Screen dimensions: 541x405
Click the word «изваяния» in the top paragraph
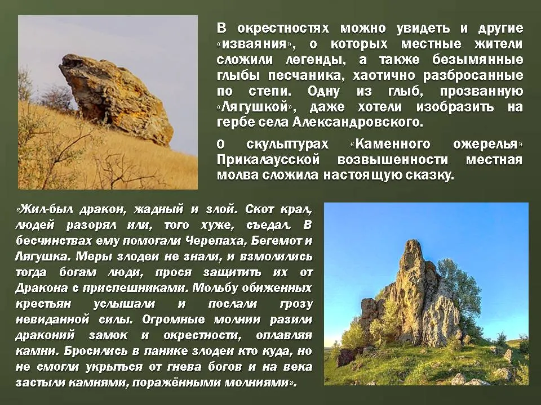(x=256, y=44)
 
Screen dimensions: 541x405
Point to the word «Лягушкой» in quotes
(x=256, y=107)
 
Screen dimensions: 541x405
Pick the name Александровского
(x=357, y=122)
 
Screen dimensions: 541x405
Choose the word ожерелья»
(x=487, y=144)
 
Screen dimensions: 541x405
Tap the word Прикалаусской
(x=268, y=160)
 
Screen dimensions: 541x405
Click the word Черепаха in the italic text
(x=215, y=241)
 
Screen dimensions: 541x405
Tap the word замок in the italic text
(x=108, y=335)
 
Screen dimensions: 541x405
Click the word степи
(x=270, y=92)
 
